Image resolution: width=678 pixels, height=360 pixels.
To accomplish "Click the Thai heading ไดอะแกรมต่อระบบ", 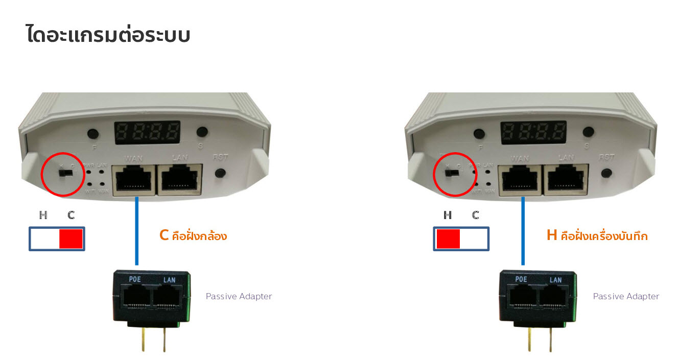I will pyautogui.click(x=108, y=35).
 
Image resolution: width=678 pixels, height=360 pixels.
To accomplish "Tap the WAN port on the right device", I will pyautogui.click(x=521, y=180).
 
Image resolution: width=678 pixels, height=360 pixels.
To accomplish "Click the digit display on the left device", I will pyautogui.click(x=147, y=133).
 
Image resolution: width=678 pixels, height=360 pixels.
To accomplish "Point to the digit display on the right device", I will pyautogui.click(x=533, y=133).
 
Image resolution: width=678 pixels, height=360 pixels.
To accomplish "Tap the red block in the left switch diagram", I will pyautogui.click(x=71, y=238).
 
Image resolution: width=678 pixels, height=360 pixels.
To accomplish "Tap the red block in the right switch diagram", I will pyautogui.click(x=448, y=238).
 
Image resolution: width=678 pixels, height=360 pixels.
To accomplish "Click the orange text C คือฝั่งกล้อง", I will pyautogui.click(x=193, y=236).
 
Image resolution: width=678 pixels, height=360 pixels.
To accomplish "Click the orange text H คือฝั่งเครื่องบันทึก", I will pyautogui.click(x=597, y=236).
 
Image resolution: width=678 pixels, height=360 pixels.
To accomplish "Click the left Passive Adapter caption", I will pyautogui.click(x=239, y=296).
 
